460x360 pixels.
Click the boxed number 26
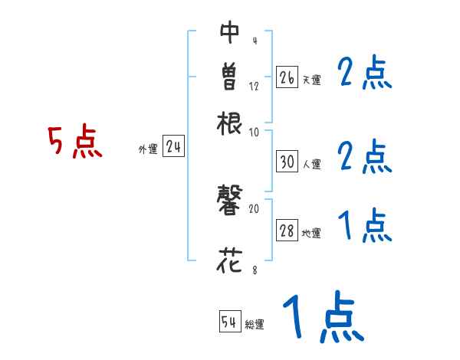(287, 77)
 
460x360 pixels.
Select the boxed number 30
(287, 162)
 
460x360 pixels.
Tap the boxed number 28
(287, 232)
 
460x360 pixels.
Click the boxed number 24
(173, 147)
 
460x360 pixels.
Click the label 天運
(312, 79)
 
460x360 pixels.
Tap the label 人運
(312, 164)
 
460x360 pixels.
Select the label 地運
(312, 234)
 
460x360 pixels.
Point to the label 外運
(147, 149)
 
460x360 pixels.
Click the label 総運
(255, 325)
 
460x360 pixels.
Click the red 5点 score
(74, 143)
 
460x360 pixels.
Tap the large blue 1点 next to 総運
(322, 318)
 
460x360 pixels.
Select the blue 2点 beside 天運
(364, 74)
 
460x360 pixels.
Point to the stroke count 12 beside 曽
(254, 86)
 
